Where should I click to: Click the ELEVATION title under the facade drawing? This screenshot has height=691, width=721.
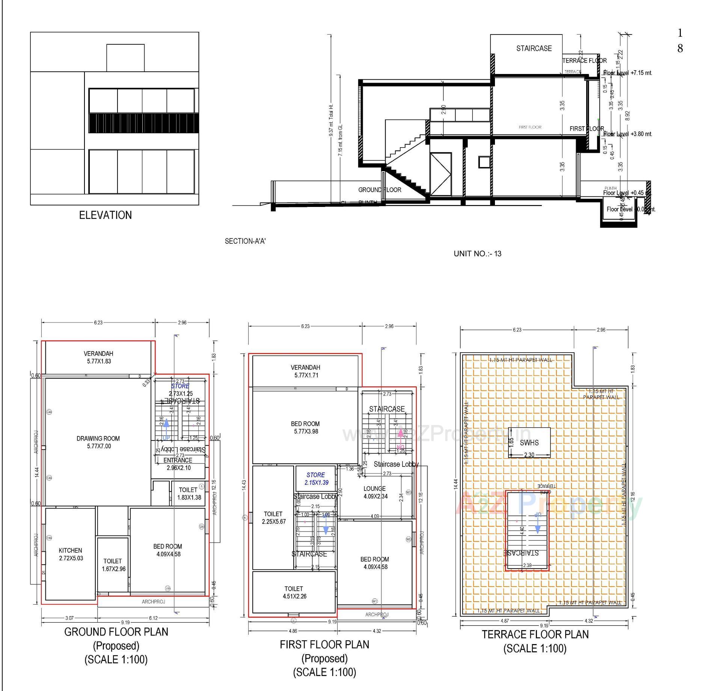coord(105,215)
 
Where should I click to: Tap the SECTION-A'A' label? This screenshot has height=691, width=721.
coord(245,241)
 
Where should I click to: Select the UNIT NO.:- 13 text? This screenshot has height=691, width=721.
coord(477,253)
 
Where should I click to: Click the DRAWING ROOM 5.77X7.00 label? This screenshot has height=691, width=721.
coord(98,442)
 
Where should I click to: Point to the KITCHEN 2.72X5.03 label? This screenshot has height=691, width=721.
coord(71,554)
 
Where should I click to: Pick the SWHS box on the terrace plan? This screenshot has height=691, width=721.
coord(529,442)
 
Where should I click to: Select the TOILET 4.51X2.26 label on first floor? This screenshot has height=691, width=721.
coord(294,593)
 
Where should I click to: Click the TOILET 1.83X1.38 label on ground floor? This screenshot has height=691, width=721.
coord(189,493)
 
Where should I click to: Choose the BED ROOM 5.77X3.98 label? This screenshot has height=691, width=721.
coord(305,427)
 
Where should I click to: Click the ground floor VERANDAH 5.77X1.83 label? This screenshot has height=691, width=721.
coord(98,358)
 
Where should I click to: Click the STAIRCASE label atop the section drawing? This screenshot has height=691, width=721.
coord(534,48)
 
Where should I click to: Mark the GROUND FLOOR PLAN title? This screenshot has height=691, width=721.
coord(116,632)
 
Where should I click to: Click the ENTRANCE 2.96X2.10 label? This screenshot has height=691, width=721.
coord(178,464)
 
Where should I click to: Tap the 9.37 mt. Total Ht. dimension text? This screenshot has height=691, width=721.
coord(331,120)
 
